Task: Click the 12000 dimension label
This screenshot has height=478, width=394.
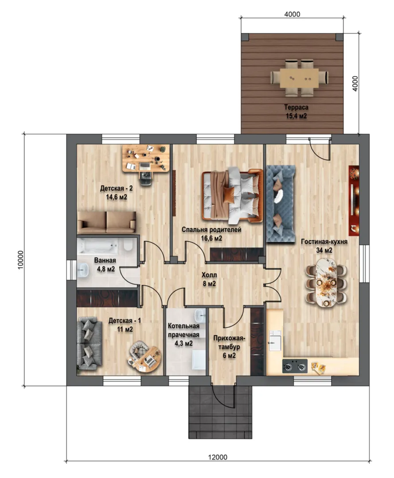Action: tap(218, 457)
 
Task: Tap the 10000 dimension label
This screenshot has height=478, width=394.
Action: tap(20, 260)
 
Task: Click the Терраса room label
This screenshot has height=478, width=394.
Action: tap(296, 107)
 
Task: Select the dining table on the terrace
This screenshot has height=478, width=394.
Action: tap(299, 78)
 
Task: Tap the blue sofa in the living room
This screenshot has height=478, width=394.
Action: tap(281, 204)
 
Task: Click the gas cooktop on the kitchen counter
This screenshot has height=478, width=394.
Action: tap(295, 366)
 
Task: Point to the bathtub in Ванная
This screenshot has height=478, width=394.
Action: tap(98, 246)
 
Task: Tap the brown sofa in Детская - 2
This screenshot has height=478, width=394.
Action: tap(106, 222)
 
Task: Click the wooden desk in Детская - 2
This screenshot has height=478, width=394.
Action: tap(146, 158)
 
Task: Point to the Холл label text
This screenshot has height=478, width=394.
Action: tap(209, 275)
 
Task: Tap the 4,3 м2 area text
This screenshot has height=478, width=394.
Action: tap(183, 343)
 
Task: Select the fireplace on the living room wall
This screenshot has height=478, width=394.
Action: tap(354, 200)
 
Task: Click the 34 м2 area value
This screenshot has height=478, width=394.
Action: tap(324, 250)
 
